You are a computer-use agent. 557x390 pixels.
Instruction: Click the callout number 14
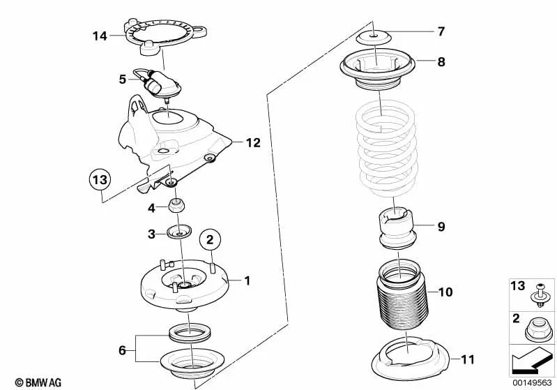tap(100, 34)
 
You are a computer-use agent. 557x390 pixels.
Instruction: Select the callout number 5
tap(122, 80)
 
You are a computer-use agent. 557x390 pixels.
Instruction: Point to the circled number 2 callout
tap(211, 241)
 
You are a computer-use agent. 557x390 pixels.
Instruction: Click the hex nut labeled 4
tap(177, 207)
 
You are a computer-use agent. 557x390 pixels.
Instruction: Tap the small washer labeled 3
tap(179, 233)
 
